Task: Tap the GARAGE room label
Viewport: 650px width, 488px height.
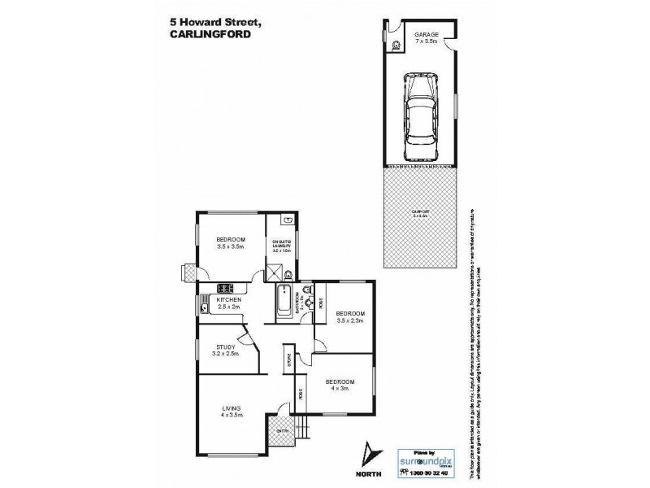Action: (x=427, y=34)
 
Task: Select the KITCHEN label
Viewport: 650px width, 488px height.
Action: (x=228, y=301)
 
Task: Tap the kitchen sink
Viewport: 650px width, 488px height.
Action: (x=201, y=306)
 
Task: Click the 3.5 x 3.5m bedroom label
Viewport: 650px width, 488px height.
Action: (x=230, y=238)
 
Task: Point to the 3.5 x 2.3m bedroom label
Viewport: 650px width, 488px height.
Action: (x=350, y=313)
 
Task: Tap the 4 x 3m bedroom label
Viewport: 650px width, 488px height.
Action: (x=340, y=381)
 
